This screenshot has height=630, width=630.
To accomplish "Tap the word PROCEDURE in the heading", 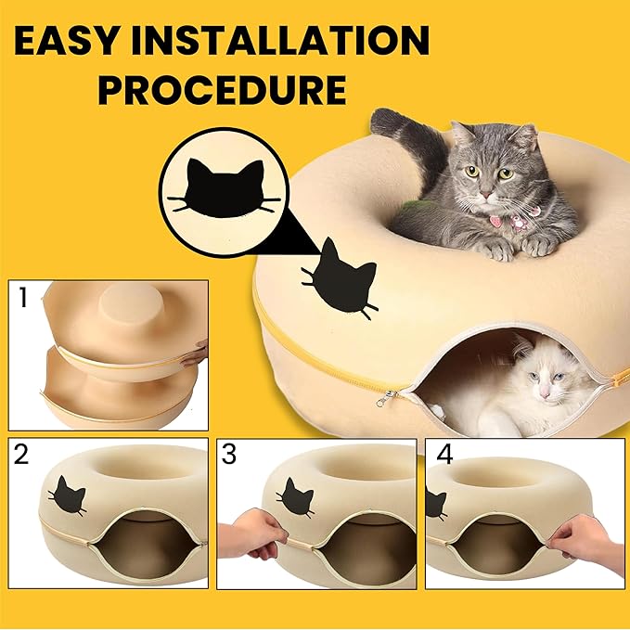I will click(x=223, y=91).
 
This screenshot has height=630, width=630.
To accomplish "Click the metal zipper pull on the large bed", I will click(x=381, y=399).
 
